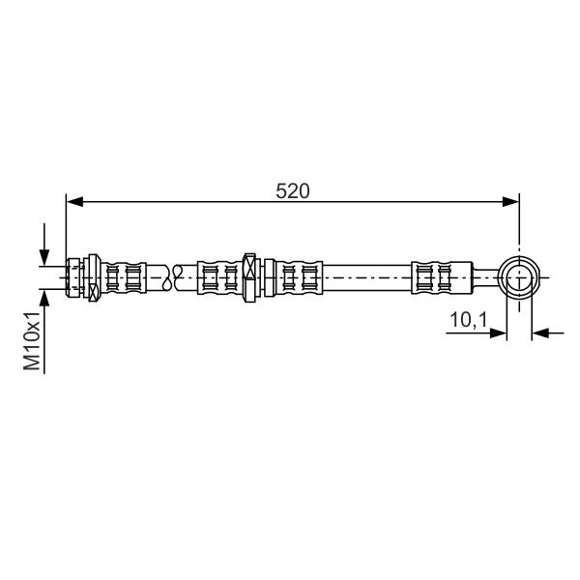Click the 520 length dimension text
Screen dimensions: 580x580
(292, 191)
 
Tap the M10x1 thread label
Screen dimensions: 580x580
(32, 340)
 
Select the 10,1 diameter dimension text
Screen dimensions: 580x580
(469, 320)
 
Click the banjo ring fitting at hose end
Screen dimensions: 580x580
(519, 277)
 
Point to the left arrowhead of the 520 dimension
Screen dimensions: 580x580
(74, 202)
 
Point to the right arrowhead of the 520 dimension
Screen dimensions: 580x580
(510, 202)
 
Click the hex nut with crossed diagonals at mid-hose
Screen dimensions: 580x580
(249, 277)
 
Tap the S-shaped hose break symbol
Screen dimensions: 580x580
(173, 277)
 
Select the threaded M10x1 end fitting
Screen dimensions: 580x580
(73, 277)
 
